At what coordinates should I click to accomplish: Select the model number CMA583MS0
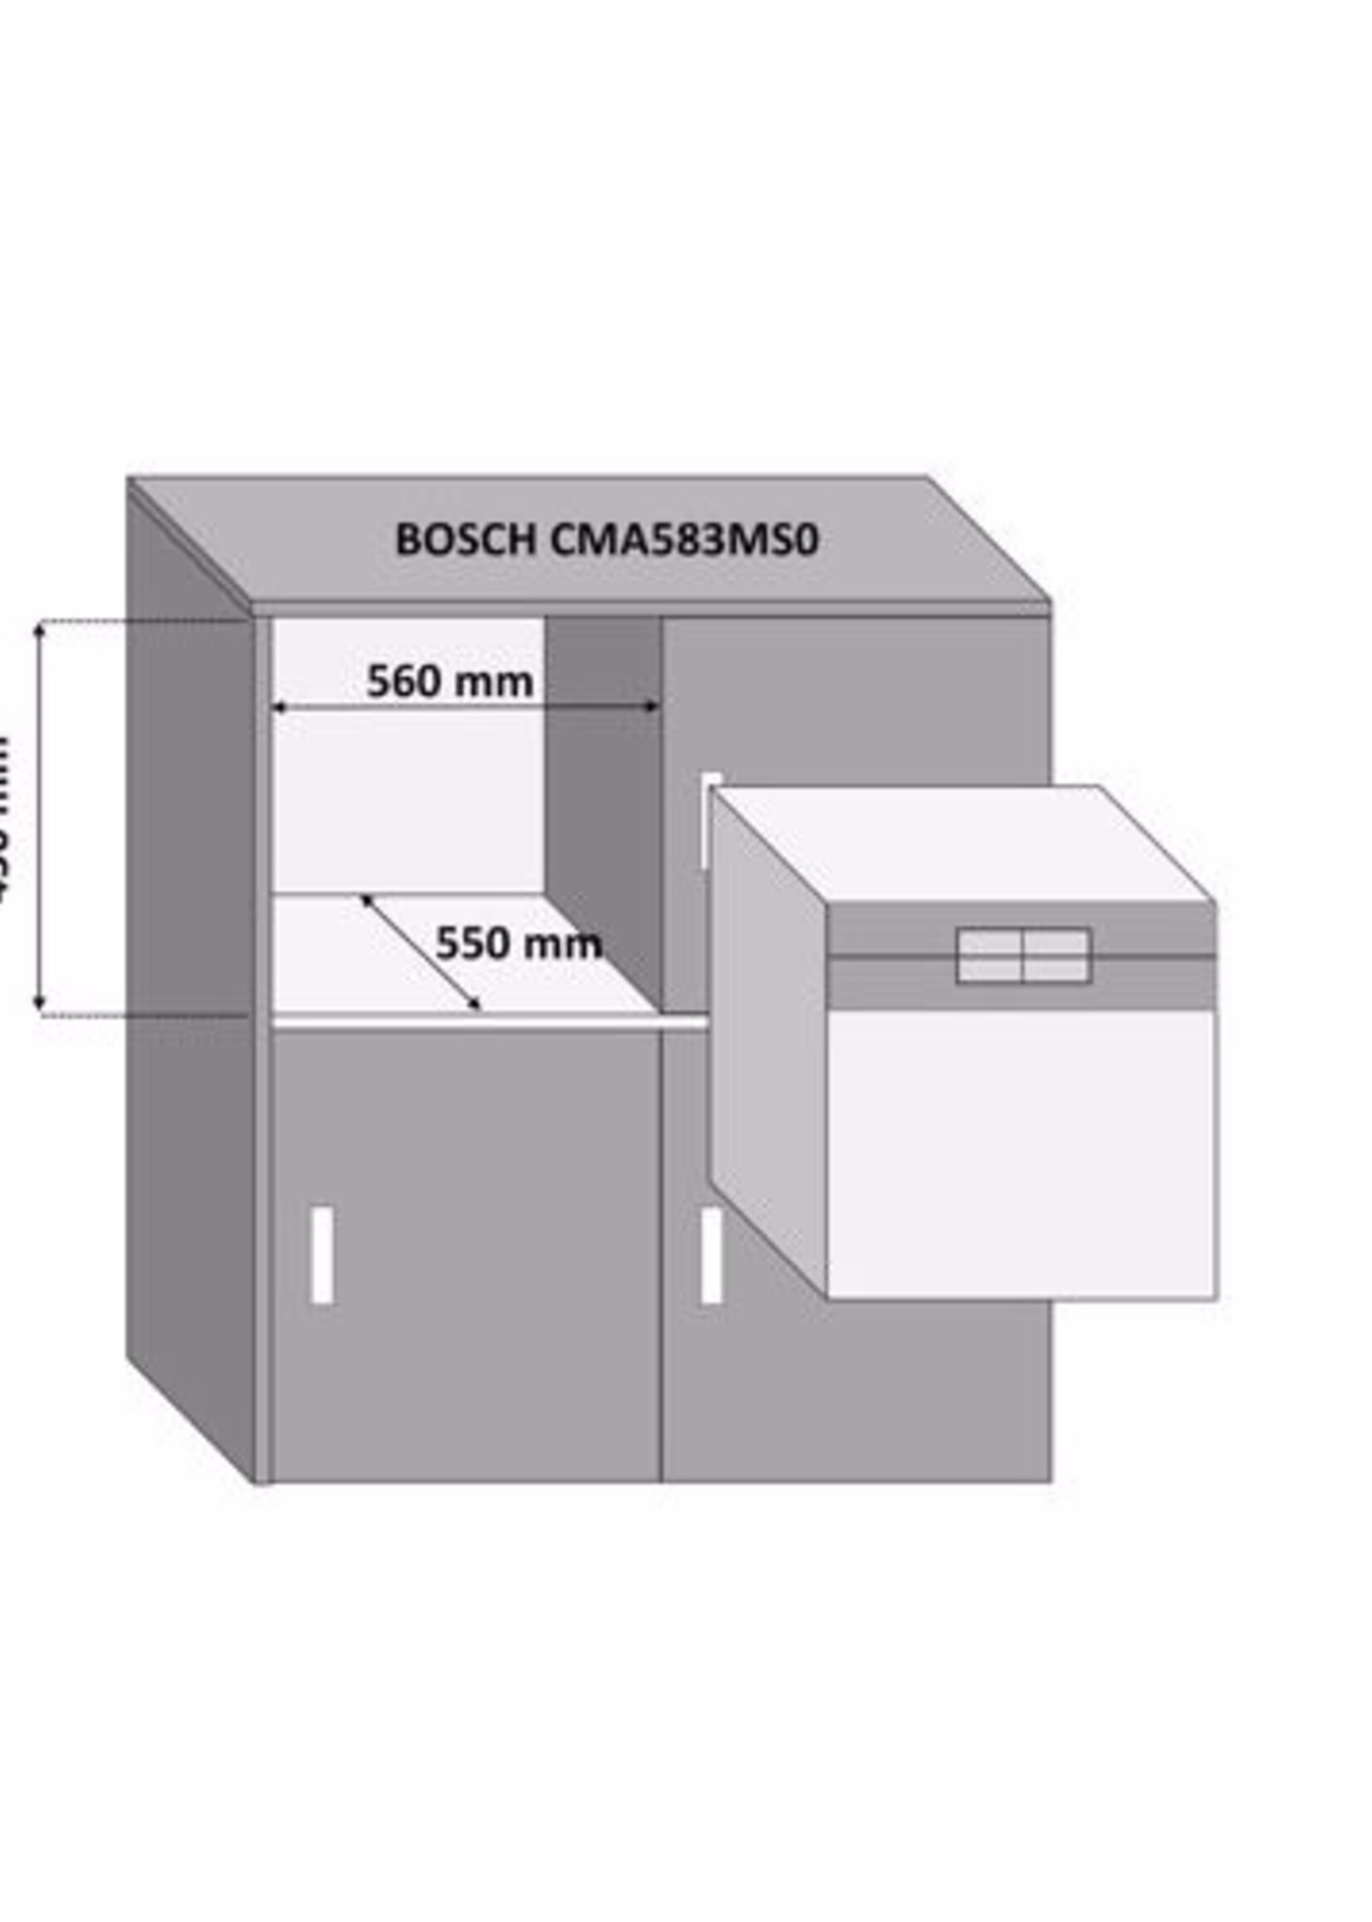point(684,540)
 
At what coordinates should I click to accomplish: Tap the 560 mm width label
point(449,681)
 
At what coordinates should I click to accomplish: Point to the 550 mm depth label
point(518,943)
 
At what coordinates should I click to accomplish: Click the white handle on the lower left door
point(322,1255)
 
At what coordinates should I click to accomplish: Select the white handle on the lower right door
point(712,1255)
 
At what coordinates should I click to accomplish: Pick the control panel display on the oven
point(1023,955)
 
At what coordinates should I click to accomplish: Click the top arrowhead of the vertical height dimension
point(39,631)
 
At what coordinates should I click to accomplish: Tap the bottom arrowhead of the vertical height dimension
point(39,1004)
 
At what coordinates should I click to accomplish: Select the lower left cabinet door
point(464,1268)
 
